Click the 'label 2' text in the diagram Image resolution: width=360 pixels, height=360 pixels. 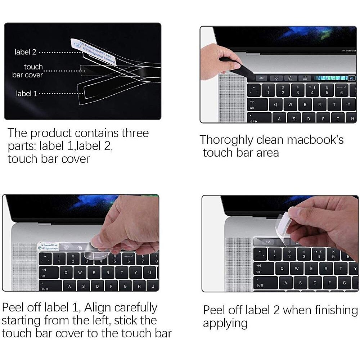(x=25, y=52)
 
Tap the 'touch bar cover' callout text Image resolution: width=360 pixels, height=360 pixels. (x=27, y=71)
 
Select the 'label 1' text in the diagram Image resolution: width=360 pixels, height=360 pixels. (x=26, y=94)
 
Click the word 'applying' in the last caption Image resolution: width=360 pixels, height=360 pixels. (x=225, y=323)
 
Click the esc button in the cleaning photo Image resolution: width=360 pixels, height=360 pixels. (x=261, y=78)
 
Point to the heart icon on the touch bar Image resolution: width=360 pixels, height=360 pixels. (x=276, y=78)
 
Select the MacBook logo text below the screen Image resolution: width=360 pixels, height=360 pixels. (x=348, y=51)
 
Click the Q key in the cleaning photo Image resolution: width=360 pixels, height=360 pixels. (x=276, y=105)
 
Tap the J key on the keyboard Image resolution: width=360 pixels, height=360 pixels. (x=153, y=287)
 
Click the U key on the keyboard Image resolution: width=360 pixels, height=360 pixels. (x=149, y=273)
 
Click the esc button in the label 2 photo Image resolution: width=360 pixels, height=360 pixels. (x=268, y=242)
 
